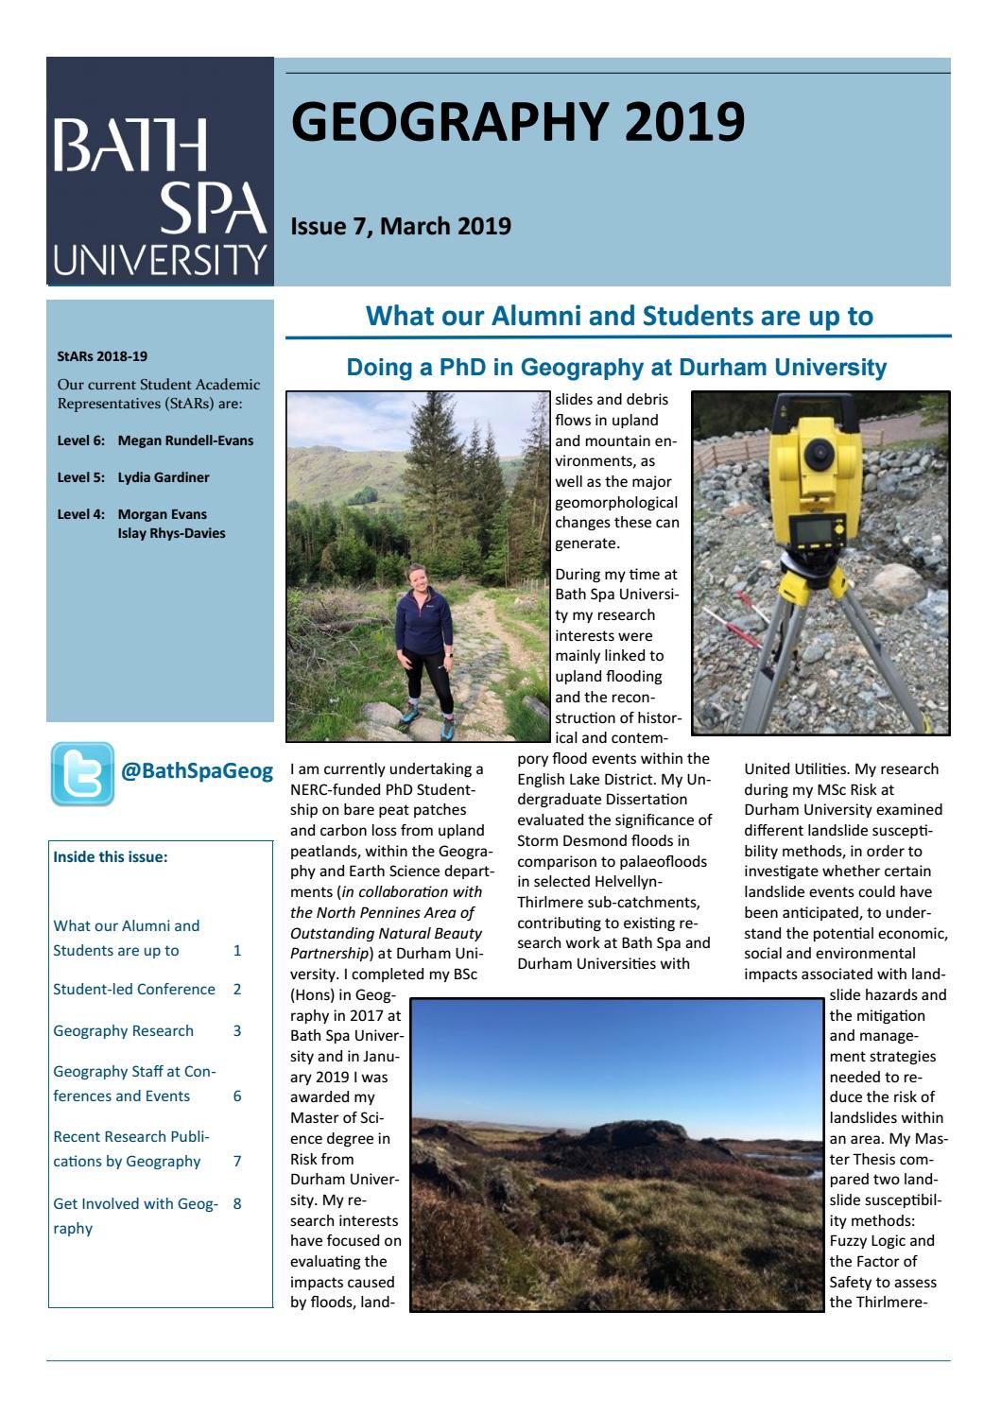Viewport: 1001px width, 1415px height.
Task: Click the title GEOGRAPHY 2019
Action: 517,122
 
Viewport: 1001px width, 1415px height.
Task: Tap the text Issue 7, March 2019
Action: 401,227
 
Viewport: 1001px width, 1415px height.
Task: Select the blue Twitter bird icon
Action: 82,773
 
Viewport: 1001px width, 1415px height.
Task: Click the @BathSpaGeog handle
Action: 197,771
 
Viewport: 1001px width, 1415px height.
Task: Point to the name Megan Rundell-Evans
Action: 185,440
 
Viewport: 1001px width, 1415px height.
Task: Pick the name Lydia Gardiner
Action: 164,477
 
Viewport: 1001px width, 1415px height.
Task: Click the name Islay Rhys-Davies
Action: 171,533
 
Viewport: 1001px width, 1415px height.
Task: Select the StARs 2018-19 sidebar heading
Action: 102,357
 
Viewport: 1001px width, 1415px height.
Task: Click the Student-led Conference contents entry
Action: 134,990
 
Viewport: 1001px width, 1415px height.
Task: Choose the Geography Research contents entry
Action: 123,1031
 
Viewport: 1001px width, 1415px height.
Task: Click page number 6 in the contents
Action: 237,1096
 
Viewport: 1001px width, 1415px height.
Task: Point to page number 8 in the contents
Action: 237,1204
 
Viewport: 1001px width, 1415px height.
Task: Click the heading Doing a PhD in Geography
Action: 616,368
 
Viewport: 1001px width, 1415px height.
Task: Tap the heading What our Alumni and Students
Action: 618,316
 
